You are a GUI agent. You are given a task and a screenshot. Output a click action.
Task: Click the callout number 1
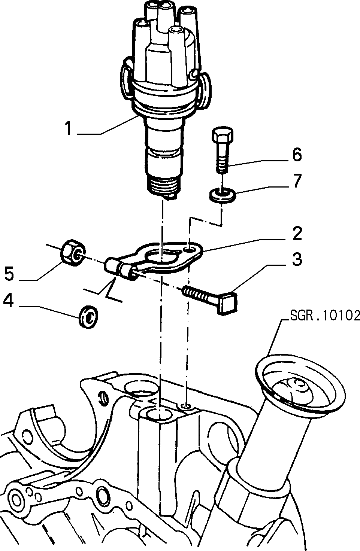69,128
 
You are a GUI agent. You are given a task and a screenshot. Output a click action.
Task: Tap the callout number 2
297,234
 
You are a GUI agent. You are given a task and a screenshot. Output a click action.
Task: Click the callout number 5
9,274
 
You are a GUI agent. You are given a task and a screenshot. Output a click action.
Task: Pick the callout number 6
297,155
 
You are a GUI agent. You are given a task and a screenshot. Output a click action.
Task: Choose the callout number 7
297,181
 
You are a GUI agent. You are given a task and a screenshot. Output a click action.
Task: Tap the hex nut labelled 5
73,252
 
